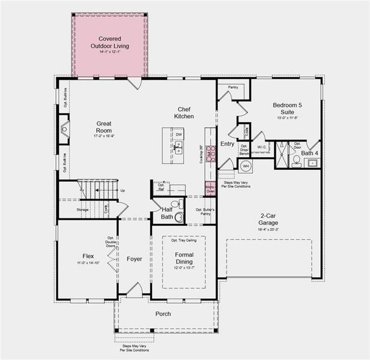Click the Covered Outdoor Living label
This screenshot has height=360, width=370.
pos(109,42)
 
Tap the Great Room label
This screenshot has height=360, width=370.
pos(104,127)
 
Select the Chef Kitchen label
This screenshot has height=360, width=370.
pos(184,112)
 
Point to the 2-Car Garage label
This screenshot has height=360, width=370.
pos(268,220)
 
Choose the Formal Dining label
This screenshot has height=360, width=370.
pos(184,258)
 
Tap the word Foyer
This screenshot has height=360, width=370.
pos(135,259)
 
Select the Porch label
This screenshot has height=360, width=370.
pos(163,314)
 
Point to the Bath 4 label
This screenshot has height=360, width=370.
pos(310,153)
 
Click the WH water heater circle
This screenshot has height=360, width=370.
pos(245,166)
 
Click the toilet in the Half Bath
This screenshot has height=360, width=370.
pos(179,217)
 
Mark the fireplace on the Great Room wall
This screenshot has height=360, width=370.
pos(64,128)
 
